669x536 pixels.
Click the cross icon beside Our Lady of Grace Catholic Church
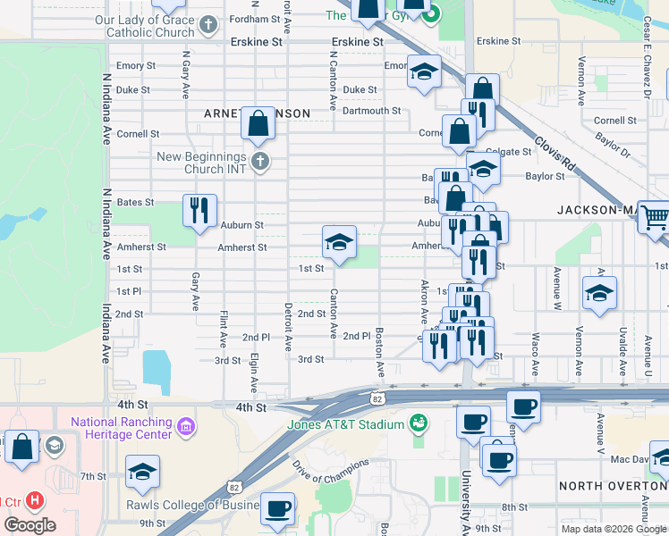click(207, 24)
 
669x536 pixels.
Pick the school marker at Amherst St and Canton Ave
click(339, 242)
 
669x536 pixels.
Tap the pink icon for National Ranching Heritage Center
click(186, 427)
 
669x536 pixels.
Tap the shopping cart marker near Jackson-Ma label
click(656, 217)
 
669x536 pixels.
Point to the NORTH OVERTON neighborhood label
click(613, 485)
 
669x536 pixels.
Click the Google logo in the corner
click(30, 524)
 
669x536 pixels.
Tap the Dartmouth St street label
click(371, 111)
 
